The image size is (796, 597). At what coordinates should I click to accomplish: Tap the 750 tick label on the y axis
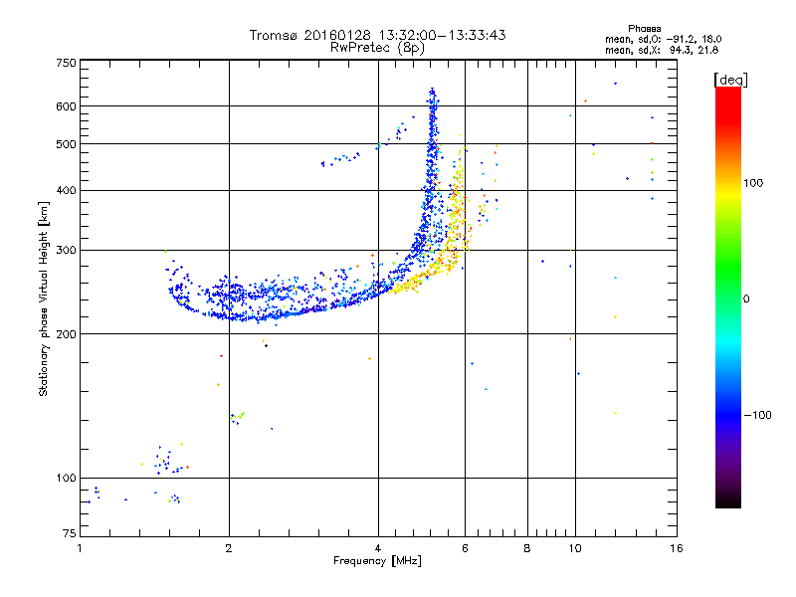pyautogui.click(x=67, y=63)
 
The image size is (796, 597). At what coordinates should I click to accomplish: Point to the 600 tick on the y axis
pyautogui.click(x=67, y=106)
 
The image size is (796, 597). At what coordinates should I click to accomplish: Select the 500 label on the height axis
pyautogui.click(x=67, y=144)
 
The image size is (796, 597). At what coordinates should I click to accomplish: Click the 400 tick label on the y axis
pyautogui.click(x=67, y=190)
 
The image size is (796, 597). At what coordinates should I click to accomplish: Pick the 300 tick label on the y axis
pyautogui.click(x=67, y=250)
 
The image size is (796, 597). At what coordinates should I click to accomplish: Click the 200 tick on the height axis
pyautogui.click(x=67, y=333)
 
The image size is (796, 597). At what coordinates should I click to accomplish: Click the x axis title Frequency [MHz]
pyautogui.click(x=377, y=562)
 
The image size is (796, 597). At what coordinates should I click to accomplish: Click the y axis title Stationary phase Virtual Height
pyautogui.click(x=44, y=298)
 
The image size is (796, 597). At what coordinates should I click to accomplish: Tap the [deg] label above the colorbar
pyautogui.click(x=730, y=79)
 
